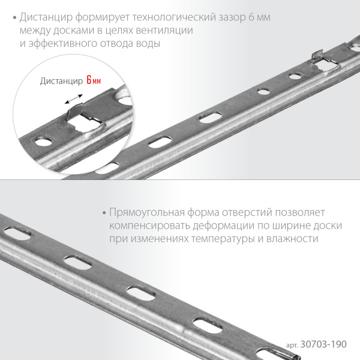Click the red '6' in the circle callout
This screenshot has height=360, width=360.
tap(89, 80)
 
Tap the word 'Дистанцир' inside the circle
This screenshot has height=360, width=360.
tap(61, 81)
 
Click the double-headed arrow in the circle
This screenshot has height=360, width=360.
tap(73, 99)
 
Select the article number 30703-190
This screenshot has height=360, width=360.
tap(323, 344)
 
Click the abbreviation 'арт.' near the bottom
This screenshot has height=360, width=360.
tap(292, 346)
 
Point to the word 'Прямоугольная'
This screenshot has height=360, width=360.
tap(147, 212)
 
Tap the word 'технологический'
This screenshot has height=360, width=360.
tap(174, 17)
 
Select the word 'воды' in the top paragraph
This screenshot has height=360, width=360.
tap(148, 43)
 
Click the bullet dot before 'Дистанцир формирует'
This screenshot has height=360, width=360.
tap(15, 18)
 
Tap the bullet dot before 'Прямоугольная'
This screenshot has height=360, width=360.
tap(104, 213)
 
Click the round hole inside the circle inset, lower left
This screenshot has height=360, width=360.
tap(44, 142)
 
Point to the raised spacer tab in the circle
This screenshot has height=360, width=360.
tap(75, 111)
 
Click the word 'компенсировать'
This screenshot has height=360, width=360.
tap(149, 226)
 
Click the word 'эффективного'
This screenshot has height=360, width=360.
tap(62, 43)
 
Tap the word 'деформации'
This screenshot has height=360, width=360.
tap(223, 226)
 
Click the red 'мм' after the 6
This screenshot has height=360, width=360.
tap(97, 81)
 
